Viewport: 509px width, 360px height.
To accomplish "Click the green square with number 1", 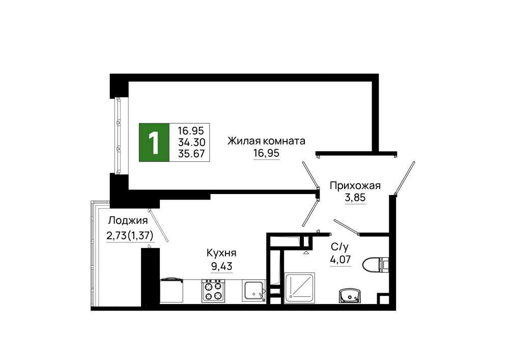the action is click(x=154, y=143).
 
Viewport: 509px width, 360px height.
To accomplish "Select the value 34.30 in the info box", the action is click(x=191, y=142).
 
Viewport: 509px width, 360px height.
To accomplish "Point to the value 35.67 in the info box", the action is click(x=191, y=153).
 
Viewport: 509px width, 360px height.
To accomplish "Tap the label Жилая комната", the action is click(x=266, y=141).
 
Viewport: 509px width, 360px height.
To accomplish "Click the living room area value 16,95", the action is click(x=266, y=153).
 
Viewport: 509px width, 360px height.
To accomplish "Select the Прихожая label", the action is click(x=355, y=186).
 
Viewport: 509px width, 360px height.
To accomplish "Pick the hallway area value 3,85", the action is click(x=355, y=198).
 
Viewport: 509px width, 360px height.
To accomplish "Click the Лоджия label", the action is click(x=128, y=221).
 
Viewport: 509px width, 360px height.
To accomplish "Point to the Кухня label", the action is click(x=221, y=253).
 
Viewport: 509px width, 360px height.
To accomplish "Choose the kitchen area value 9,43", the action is click(x=222, y=266).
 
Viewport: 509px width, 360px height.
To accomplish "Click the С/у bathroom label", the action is click(x=340, y=247).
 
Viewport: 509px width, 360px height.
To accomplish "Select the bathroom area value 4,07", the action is click(x=341, y=260).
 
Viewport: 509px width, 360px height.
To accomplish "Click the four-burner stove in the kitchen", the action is click(x=213, y=291).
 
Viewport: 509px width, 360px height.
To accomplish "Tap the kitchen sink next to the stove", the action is click(x=253, y=291).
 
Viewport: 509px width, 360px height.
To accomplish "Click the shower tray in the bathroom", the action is click(x=300, y=288).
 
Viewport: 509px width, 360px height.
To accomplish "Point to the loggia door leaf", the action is click(x=158, y=225).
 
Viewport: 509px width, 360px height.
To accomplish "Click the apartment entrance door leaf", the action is click(x=405, y=178).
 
